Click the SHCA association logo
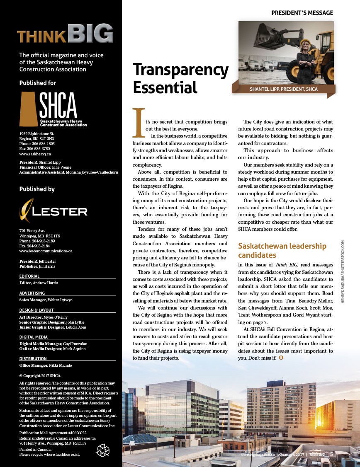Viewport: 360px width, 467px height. (x=54, y=109)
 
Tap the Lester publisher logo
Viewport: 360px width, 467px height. (x=54, y=211)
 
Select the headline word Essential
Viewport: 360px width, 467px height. (x=165, y=87)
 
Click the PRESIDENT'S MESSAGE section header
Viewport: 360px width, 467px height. (x=302, y=12)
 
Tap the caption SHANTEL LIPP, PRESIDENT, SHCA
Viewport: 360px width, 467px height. (x=284, y=89)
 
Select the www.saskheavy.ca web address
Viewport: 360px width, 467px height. (x=35, y=154)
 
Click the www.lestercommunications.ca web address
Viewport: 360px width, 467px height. (x=46, y=251)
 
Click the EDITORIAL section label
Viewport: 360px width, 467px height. (x=29, y=276)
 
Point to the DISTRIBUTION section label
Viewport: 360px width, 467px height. (x=33, y=358)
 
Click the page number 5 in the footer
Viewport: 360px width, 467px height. (x=331, y=454)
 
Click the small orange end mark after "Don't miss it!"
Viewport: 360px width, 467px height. (x=280, y=357)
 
